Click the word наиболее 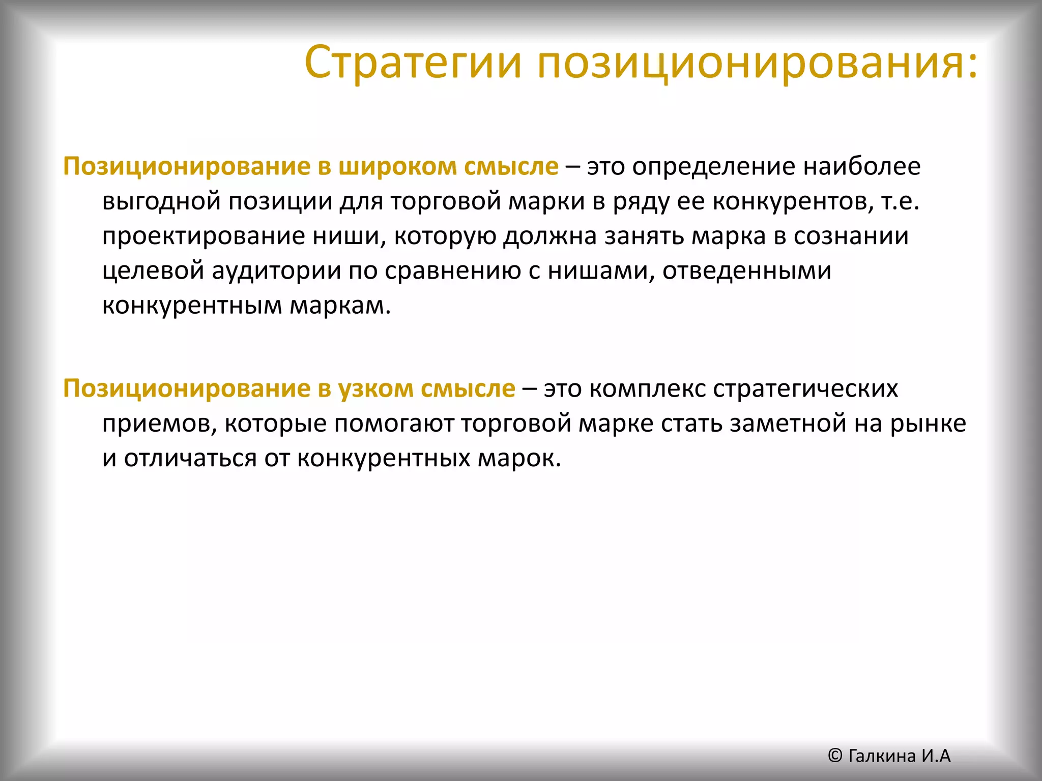click(x=862, y=167)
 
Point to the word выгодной click(x=161, y=201)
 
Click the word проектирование click(x=203, y=236)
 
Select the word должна click(x=549, y=236)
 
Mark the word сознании click(x=851, y=236)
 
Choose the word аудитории click(x=276, y=271)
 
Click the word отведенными click(x=746, y=271)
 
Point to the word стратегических click(x=805, y=389)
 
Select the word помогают click(x=393, y=424)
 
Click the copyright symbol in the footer click(x=835, y=756)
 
